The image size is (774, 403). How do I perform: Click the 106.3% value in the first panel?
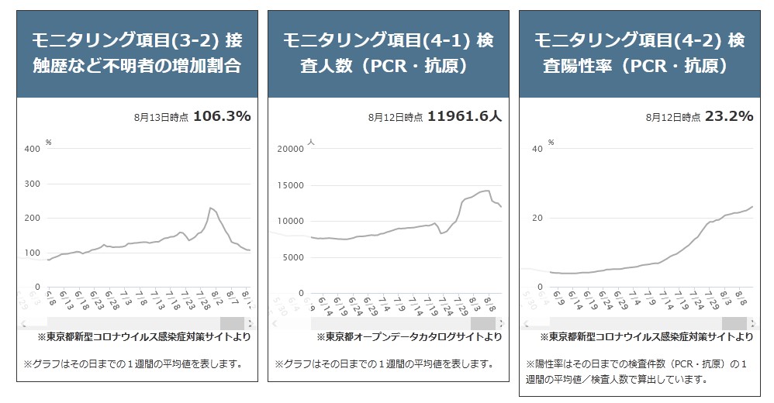click(221, 117)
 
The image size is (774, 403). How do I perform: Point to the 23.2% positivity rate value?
click(729, 117)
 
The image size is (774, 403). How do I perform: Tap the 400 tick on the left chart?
click(33, 149)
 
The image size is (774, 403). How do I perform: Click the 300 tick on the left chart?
click(33, 184)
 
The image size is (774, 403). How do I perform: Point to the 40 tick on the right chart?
click(537, 149)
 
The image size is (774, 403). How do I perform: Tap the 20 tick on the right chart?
click(537, 218)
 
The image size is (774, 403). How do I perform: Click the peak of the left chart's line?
click(210, 208)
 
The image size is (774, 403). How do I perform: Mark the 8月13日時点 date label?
click(160, 119)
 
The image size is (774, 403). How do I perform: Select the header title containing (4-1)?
click(387, 53)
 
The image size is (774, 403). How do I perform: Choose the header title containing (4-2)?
click(639, 53)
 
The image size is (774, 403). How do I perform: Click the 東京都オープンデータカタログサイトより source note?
click(409, 337)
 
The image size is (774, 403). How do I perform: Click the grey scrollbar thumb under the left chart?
click(232, 322)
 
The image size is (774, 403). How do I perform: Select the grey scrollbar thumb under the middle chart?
click(483, 322)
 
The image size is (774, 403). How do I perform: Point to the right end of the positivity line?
click(752, 207)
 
